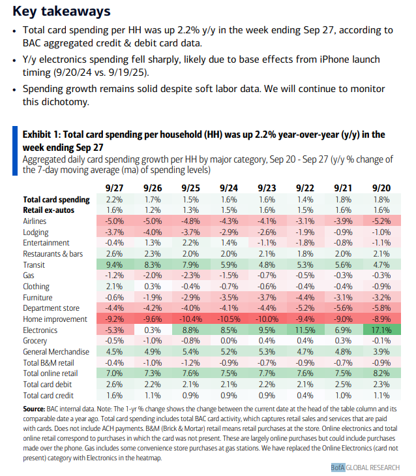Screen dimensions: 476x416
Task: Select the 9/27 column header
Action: tap(114, 187)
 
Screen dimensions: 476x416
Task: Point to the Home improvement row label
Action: tap(55, 319)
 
